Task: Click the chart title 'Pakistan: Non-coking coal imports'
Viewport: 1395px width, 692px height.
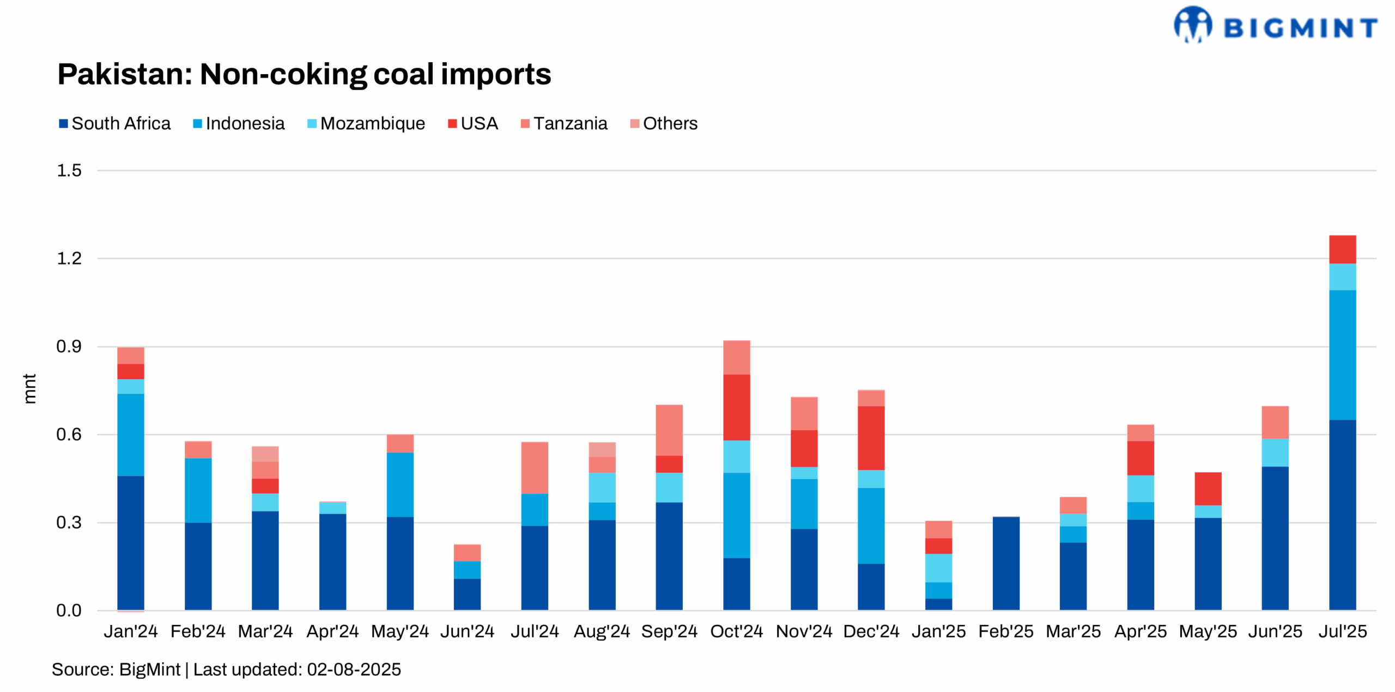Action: pyautogui.click(x=304, y=74)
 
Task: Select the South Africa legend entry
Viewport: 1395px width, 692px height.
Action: pyautogui.click(x=115, y=124)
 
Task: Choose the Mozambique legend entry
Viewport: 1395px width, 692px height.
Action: pyautogui.click(x=366, y=124)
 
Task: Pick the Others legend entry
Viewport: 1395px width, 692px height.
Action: pyautogui.click(x=664, y=124)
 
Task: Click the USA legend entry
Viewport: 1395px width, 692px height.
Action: pyautogui.click(x=473, y=124)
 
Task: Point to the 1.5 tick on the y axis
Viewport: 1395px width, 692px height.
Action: pyautogui.click(x=69, y=171)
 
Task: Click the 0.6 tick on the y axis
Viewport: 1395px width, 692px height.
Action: pyautogui.click(x=69, y=435)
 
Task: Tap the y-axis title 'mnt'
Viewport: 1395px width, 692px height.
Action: pyautogui.click(x=29, y=389)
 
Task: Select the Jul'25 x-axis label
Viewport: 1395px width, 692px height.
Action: pyautogui.click(x=1342, y=631)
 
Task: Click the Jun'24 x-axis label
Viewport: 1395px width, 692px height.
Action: pyautogui.click(x=467, y=631)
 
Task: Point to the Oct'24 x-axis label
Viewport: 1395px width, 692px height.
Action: pyautogui.click(x=736, y=631)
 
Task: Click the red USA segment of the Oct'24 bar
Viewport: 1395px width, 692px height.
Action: pyautogui.click(x=736, y=407)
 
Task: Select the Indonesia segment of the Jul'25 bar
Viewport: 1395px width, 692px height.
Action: pyautogui.click(x=1342, y=354)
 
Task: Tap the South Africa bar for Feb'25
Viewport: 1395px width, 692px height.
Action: pyautogui.click(x=1005, y=563)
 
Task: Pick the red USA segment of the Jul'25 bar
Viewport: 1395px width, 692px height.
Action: pyautogui.click(x=1342, y=249)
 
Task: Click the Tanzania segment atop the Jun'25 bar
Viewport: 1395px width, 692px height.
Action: pyautogui.click(x=1275, y=422)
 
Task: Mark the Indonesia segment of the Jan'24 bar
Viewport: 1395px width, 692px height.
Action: pyautogui.click(x=131, y=435)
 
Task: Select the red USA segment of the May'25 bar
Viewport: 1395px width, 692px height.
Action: pyautogui.click(x=1208, y=489)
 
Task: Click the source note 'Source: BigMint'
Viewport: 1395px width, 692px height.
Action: pyautogui.click(x=116, y=670)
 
